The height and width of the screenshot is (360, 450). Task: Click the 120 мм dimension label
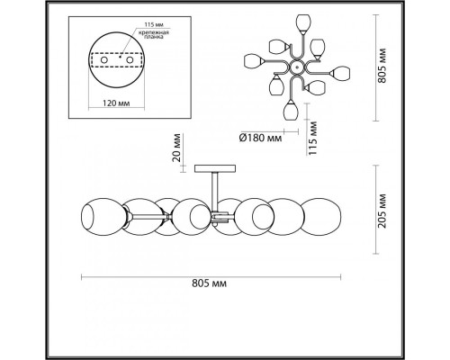pos(116,103)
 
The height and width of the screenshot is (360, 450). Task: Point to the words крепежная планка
pos(153,35)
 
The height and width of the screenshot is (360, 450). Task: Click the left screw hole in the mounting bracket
pos(104,60)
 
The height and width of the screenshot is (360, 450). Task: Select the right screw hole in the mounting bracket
pos(130,60)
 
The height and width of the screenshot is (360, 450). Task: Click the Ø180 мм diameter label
pos(260,138)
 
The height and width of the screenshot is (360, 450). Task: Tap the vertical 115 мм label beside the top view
pos(313,138)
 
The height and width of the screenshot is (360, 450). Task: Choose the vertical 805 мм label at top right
pos(382,65)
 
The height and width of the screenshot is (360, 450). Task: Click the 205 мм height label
pos(382,211)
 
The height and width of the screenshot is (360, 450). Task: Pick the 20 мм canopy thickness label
pos(177,148)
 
